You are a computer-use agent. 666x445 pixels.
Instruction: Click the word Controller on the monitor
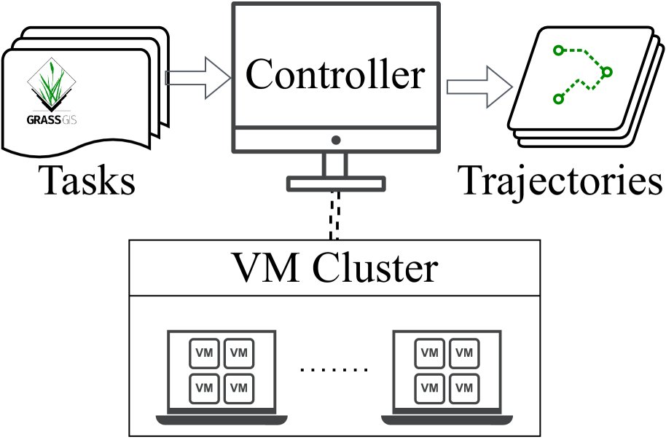335,76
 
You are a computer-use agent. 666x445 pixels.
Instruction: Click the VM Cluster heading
334,269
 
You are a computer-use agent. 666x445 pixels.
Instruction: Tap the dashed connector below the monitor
334,215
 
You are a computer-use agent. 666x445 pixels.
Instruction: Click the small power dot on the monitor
335,139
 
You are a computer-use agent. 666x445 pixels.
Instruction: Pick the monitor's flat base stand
335,184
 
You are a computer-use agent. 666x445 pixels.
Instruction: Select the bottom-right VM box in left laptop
238,386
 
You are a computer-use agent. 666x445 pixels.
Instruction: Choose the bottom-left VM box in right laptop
429,386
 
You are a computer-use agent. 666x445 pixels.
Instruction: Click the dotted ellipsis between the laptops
334,370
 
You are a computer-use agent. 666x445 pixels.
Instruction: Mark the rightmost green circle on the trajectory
607,72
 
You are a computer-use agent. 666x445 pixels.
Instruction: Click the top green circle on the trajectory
558,50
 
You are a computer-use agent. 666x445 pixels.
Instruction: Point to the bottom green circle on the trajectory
559,98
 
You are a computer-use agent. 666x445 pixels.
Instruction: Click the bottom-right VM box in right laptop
463,386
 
